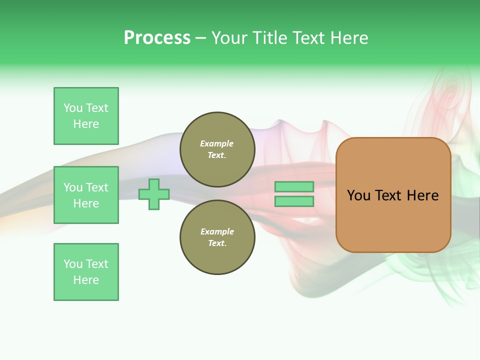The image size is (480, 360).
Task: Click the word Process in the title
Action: [x=157, y=38]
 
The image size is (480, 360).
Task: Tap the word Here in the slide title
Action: [x=348, y=38]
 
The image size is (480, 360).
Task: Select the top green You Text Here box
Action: [x=86, y=116]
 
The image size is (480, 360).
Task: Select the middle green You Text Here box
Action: [x=86, y=195]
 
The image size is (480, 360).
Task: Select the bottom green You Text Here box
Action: [x=86, y=272]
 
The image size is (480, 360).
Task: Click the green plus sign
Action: [x=154, y=194]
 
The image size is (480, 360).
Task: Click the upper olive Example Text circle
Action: [x=217, y=149]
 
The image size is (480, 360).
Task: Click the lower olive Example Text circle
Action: [x=217, y=237]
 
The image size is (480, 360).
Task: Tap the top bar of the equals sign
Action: [x=294, y=186]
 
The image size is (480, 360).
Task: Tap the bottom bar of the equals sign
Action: [x=294, y=201]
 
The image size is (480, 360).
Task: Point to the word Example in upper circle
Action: [x=217, y=143]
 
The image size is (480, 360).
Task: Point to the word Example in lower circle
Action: [x=217, y=231]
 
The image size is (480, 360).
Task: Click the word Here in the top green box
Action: [x=86, y=124]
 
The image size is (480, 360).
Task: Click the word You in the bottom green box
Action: [x=73, y=264]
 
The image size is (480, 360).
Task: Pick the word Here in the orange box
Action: [x=422, y=195]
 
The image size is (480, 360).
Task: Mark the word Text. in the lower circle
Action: [x=217, y=243]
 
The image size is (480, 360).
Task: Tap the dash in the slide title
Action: [x=201, y=38]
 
